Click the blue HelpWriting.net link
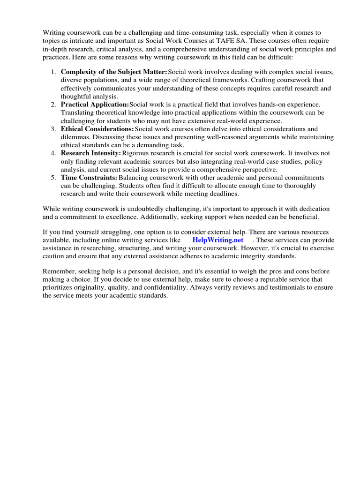coord(218,240)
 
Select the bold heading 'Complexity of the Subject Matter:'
coord(114,72)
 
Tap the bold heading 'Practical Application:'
coord(95,105)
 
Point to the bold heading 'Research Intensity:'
coord(91,153)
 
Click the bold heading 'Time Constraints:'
coord(89,178)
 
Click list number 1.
coord(53,72)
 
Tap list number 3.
coord(53,129)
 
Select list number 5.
coord(53,178)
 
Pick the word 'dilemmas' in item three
coord(75,137)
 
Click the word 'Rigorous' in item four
coord(136,153)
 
